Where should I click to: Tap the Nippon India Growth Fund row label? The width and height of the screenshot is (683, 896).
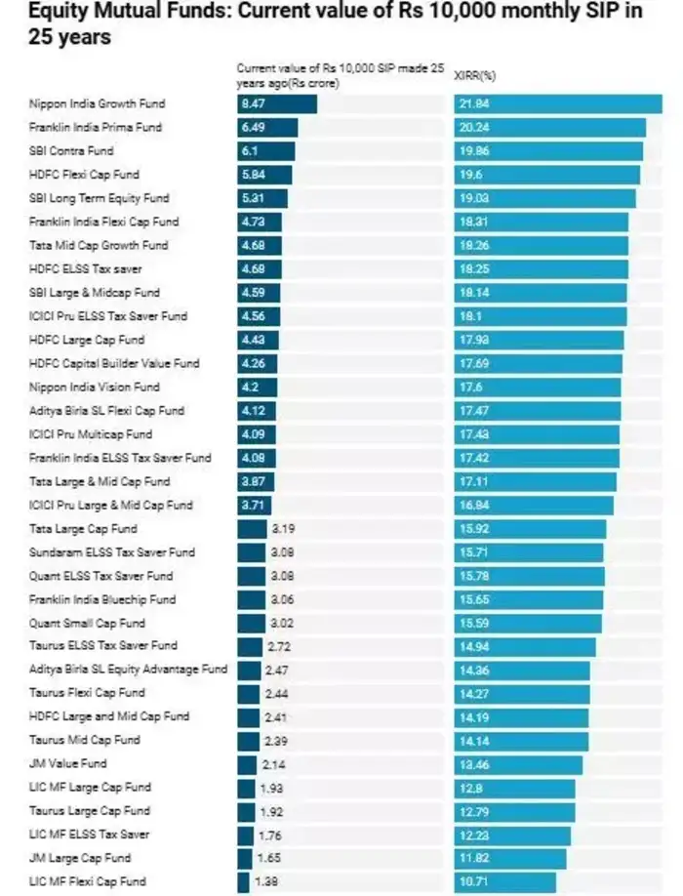tap(97, 103)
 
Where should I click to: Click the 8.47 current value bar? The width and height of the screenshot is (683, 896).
tap(277, 103)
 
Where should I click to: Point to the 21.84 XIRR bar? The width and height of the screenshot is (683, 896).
tap(557, 103)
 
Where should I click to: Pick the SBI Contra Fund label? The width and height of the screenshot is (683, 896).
tap(71, 151)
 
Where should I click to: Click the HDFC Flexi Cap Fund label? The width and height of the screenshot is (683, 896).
tap(85, 175)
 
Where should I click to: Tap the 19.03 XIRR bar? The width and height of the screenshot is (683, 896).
tap(544, 198)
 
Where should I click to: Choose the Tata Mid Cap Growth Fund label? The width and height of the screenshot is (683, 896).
tap(99, 245)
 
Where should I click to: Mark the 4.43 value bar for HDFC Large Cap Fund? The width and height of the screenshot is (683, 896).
tap(258, 340)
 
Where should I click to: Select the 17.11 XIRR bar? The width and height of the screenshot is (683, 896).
tap(535, 481)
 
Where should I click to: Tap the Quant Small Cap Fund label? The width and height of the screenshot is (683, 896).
tap(87, 623)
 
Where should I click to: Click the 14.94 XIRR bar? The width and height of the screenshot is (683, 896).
tap(524, 646)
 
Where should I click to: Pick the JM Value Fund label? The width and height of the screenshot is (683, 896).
tap(68, 763)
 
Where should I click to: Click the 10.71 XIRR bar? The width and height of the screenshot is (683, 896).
tap(504, 881)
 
